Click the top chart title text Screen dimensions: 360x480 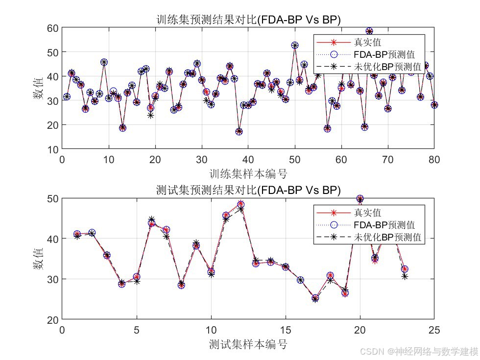[247, 20]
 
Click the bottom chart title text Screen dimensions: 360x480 [247, 190]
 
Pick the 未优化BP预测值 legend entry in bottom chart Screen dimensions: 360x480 [387, 238]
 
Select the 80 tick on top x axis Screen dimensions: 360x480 [434, 159]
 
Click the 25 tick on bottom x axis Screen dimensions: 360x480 [434, 330]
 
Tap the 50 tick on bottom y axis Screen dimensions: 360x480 [52, 198]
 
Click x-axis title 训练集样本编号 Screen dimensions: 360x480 [247, 173]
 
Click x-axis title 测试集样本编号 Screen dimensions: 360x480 [247, 344]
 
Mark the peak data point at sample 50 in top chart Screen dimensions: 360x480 [295, 45]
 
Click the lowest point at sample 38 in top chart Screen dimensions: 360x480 [239, 131]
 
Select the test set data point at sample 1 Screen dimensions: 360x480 [77, 235]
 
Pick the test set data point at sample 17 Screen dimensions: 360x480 [315, 298]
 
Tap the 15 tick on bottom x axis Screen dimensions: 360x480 [286, 330]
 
